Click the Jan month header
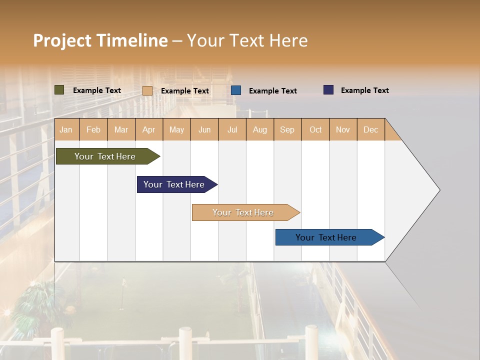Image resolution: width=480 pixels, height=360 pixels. coord(66,129)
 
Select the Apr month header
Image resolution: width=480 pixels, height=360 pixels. coord(148,129)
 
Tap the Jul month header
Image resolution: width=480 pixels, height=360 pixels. coord(232,129)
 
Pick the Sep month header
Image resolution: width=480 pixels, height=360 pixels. coord(287,129)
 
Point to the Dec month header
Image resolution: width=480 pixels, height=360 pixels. coord(370,129)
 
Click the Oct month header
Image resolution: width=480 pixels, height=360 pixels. coord(315,129)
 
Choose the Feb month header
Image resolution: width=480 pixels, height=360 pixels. coord(93,129)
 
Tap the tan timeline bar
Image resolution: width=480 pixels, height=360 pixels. coord(243,212)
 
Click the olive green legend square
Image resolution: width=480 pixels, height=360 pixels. coord(59,90)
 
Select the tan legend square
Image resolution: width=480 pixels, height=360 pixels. coord(147,90)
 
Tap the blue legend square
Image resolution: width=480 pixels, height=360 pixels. coord(236,90)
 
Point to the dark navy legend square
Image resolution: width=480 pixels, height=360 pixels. coord(328,90)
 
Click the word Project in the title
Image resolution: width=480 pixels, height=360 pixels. coord(62,41)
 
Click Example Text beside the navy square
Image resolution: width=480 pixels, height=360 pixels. coord(364,90)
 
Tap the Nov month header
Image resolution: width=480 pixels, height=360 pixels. coord(343,129)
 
